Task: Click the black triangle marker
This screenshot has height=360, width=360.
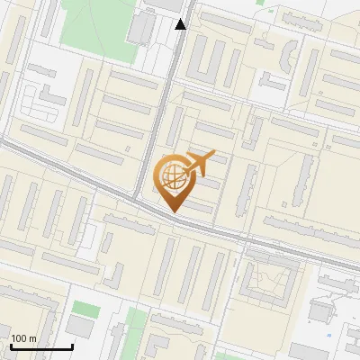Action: [x=181, y=24]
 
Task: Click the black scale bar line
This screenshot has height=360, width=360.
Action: [x=41, y=346]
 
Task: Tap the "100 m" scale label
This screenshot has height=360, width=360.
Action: [x=24, y=338]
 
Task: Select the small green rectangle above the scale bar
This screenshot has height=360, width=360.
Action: [x=86, y=308]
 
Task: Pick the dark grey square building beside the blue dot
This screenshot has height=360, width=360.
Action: [x=320, y=311]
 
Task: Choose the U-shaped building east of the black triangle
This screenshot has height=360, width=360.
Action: [x=212, y=58]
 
